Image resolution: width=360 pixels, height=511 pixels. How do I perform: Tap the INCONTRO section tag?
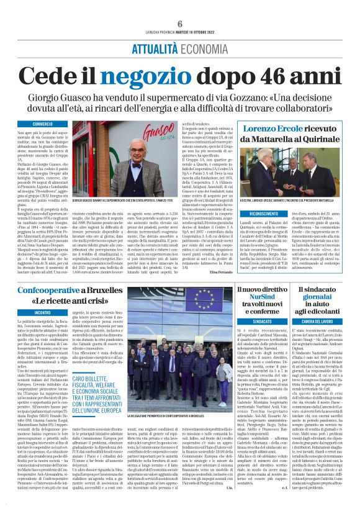click(x=42, y=312)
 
